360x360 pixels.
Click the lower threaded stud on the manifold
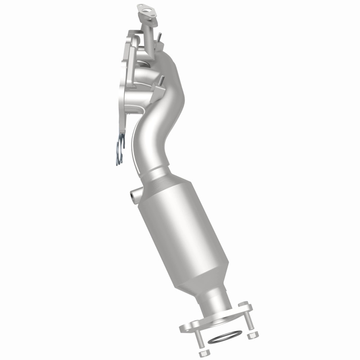coord(160,82)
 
